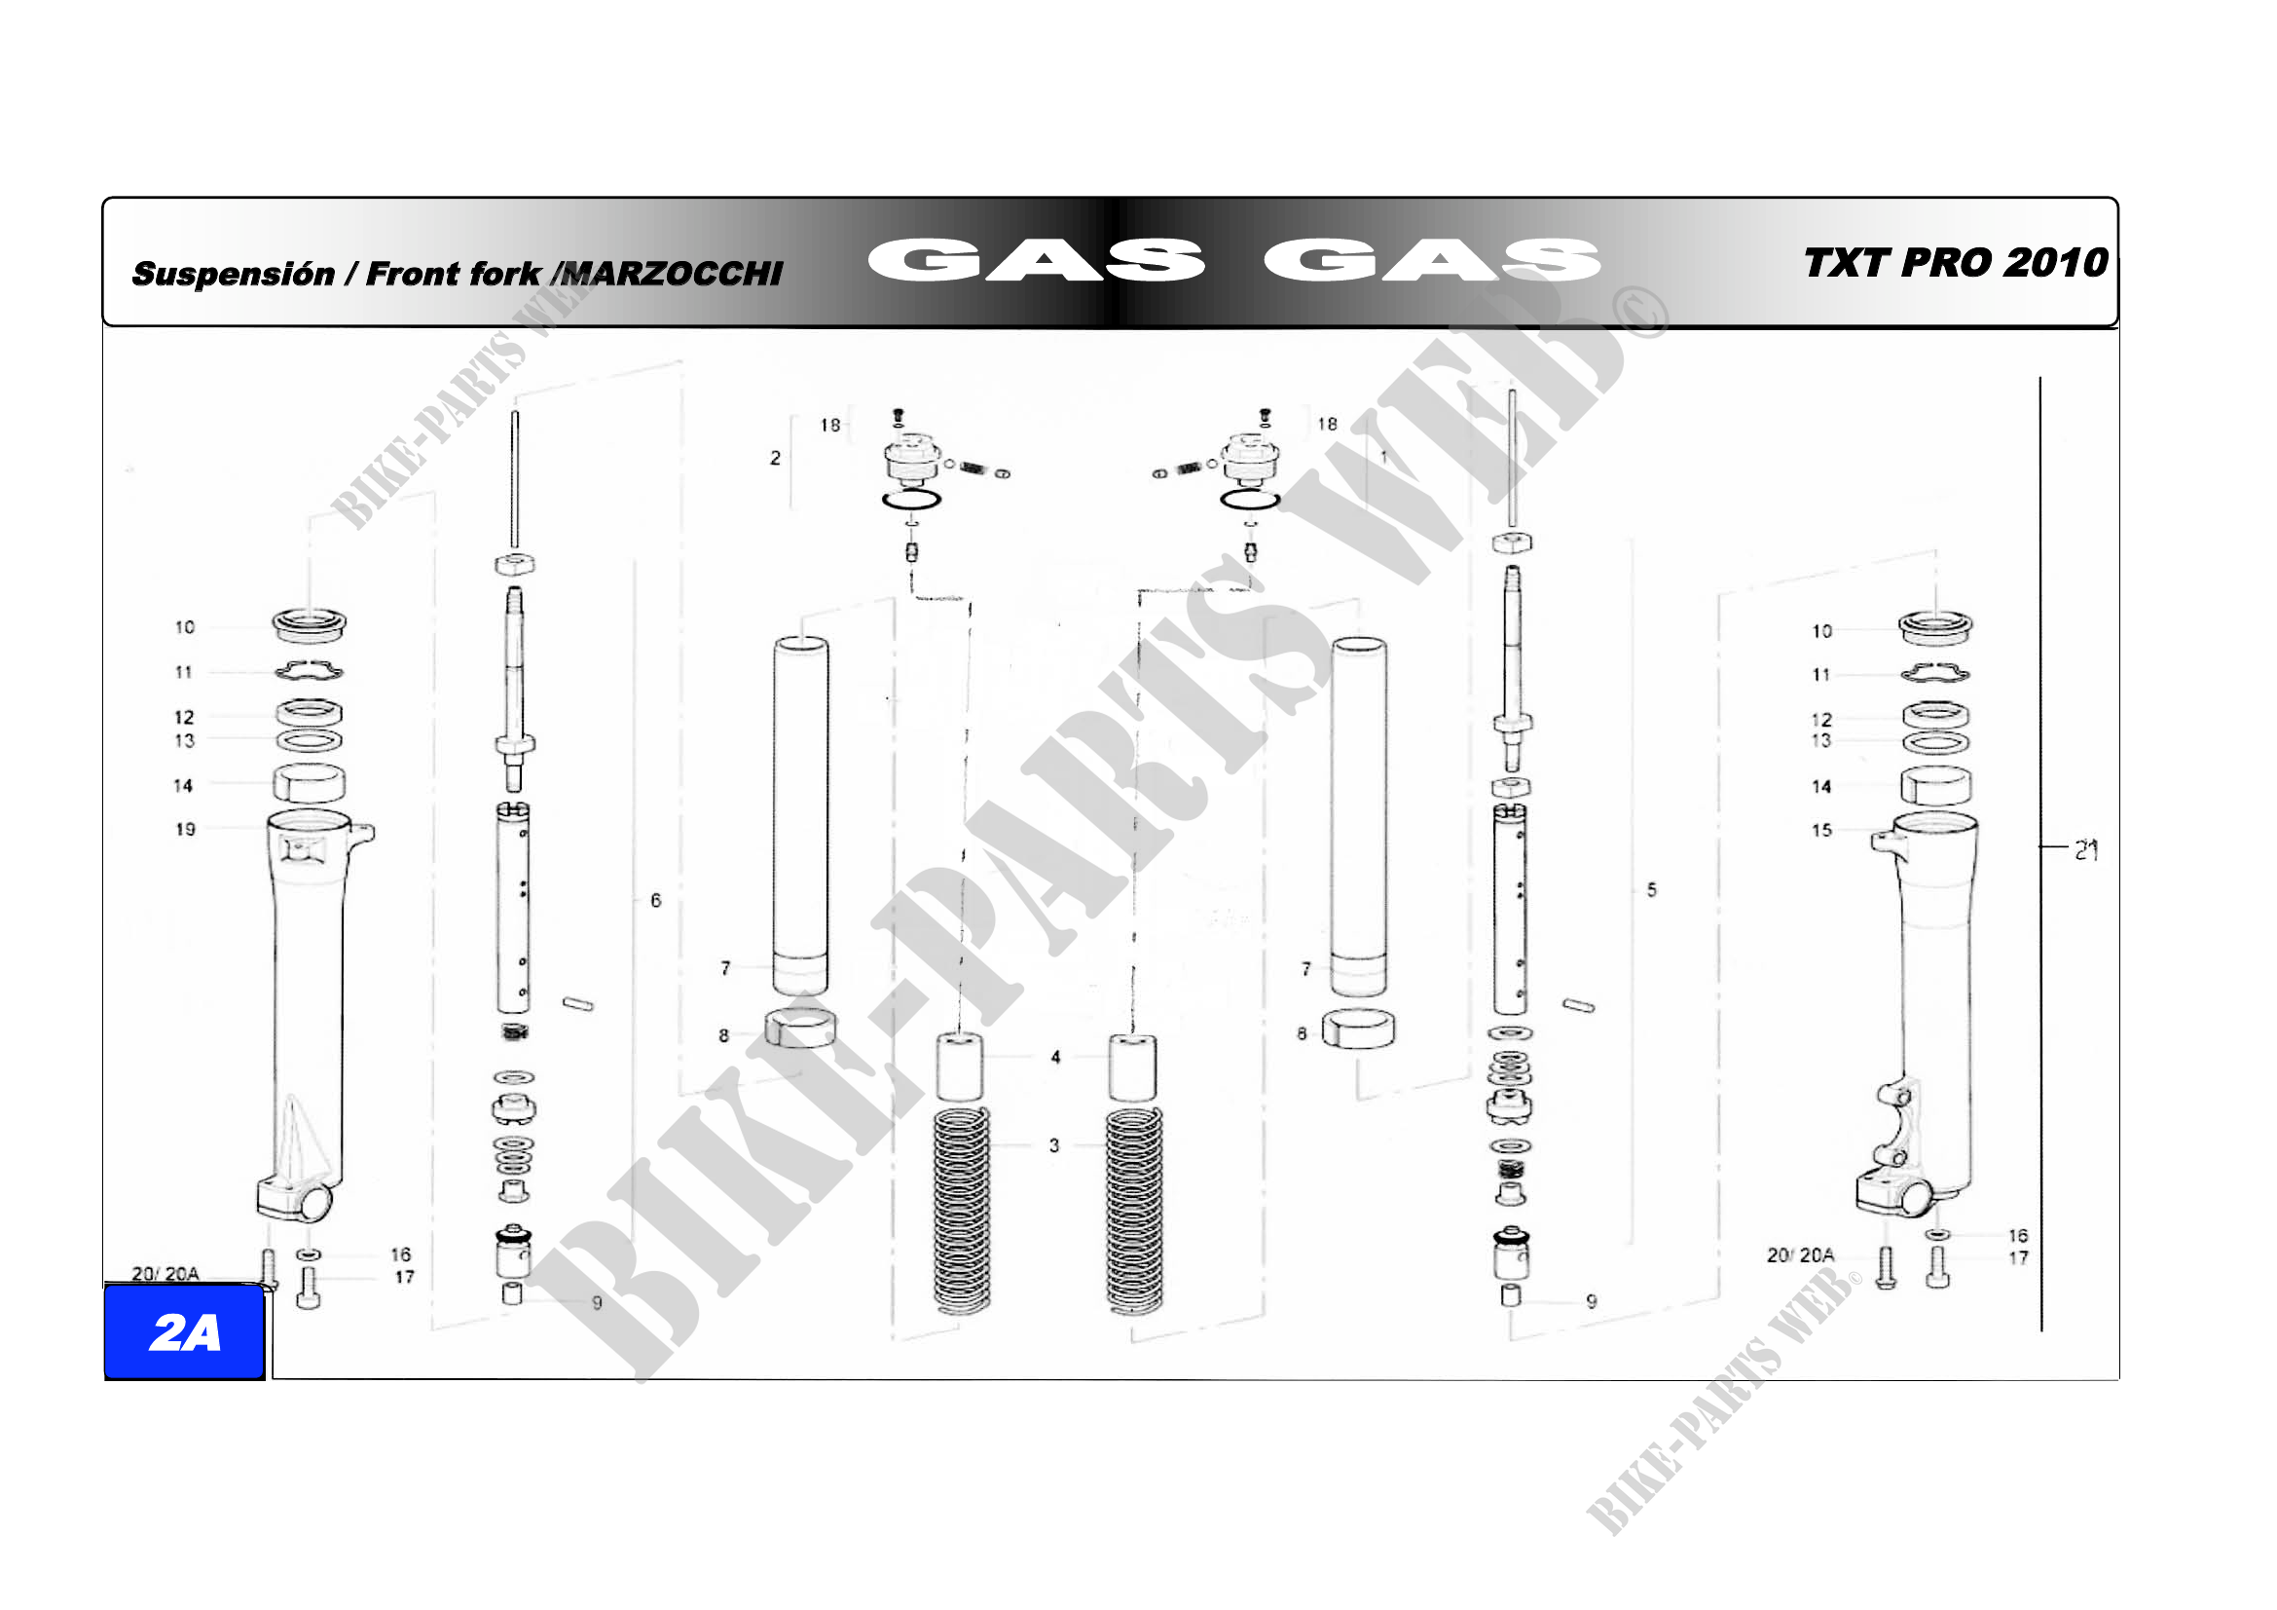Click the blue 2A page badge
pyautogui.click(x=184, y=1332)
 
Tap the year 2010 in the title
pyautogui.click(x=2056, y=263)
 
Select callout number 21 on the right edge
pyautogui.click(x=2086, y=850)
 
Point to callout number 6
pyautogui.click(x=655, y=901)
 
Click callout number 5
pyautogui.click(x=1651, y=890)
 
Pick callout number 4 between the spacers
pyautogui.click(x=1055, y=1058)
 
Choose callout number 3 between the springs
pyautogui.click(x=1054, y=1145)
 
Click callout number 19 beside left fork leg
pyautogui.click(x=186, y=829)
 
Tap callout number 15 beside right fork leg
pyautogui.click(x=1821, y=830)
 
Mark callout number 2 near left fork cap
pyautogui.click(x=775, y=459)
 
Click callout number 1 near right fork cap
pyautogui.click(x=1383, y=458)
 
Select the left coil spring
pyautogui.click(x=962, y=1211)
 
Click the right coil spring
pyautogui.click(x=1134, y=1211)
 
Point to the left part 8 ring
pyautogui.click(x=799, y=1029)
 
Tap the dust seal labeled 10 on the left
pyautogui.click(x=310, y=624)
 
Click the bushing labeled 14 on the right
pyautogui.click(x=1936, y=787)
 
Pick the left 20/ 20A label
pyautogui.click(x=165, y=1274)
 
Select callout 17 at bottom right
pyautogui.click(x=2018, y=1257)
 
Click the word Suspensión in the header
pyautogui.click(x=233, y=274)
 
